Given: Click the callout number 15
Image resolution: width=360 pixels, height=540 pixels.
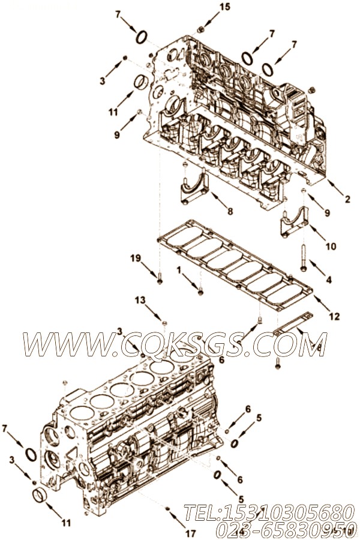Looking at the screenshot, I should click(207, 7).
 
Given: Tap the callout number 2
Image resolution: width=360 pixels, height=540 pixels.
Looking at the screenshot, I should click(347, 200).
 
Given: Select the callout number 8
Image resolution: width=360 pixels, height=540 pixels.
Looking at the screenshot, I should click(230, 211).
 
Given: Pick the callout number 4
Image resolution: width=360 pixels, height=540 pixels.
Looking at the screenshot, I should click(329, 279).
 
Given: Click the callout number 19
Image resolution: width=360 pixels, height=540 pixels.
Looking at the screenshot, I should click(136, 259).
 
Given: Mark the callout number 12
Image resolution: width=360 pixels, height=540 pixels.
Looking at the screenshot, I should click(335, 316).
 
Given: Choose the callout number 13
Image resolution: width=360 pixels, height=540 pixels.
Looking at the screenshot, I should click(140, 299).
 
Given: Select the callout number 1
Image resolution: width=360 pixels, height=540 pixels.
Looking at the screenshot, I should click(179, 270).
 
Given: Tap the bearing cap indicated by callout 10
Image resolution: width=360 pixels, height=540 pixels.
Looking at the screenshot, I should click(295, 220).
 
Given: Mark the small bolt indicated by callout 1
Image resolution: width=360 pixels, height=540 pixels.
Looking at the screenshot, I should click(200, 291).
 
